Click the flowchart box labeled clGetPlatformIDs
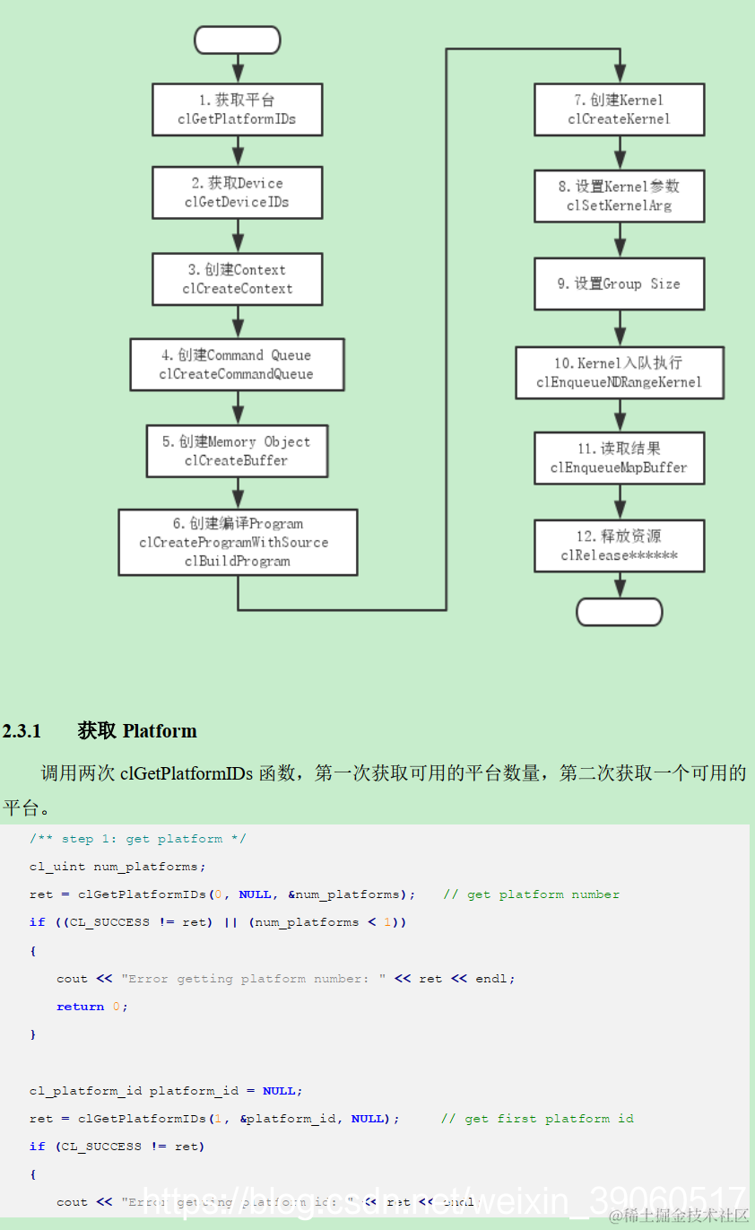click(237, 109)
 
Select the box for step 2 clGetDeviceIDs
click(237, 193)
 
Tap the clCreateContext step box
click(237, 279)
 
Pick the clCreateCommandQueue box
click(237, 364)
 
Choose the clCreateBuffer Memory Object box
click(237, 451)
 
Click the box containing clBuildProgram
click(238, 542)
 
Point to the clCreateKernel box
click(619, 109)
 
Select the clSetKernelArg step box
click(619, 196)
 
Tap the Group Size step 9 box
click(619, 284)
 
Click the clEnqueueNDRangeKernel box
click(619, 373)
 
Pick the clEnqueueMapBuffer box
click(619, 458)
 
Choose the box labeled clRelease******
click(619, 545)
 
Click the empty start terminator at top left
click(237, 40)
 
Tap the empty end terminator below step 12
click(619, 612)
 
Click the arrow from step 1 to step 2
click(238, 151)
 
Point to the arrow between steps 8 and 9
click(620, 240)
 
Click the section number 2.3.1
click(22, 731)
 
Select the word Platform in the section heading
click(160, 731)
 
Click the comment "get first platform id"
click(549, 1119)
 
